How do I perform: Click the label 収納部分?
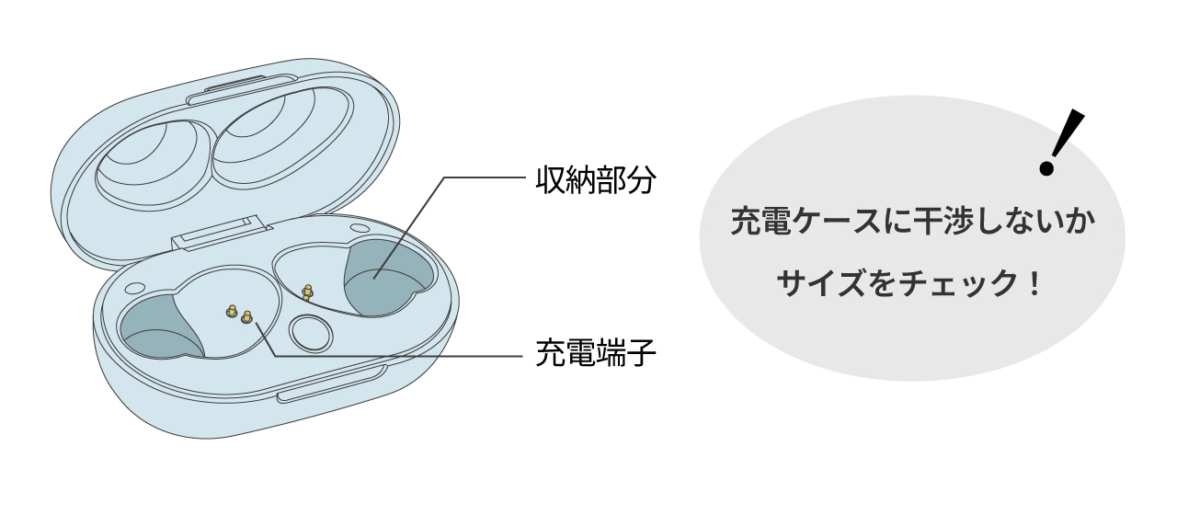pyautogui.click(x=594, y=179)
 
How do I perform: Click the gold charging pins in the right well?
pyautogui.click(x=307, y=292)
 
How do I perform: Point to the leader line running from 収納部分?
pyautogui.click(x=478, y=178)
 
